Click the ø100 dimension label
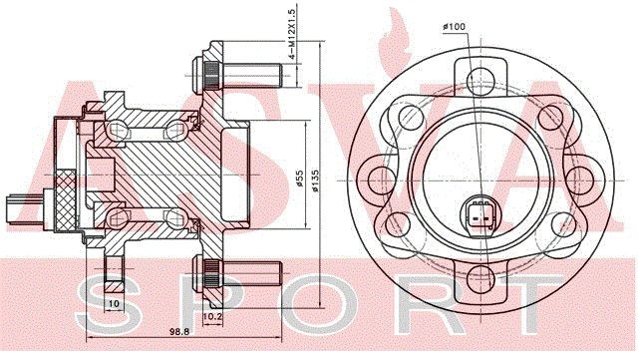coord(455,27)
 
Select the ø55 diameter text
coord(300,179)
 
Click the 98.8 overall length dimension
coord(179,331)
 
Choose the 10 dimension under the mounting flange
coord(115,303)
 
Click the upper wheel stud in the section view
coord(237,76)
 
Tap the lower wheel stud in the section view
coord(237,273)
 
